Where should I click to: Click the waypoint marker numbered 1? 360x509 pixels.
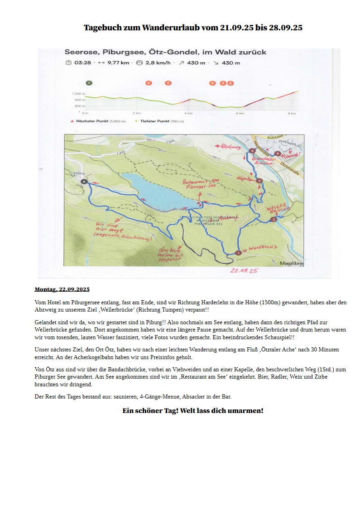[238, 253]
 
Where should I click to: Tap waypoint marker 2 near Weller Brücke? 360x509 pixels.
[273, 220]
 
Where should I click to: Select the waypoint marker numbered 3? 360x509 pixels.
[259, 181]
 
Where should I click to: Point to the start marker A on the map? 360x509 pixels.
[83, 181]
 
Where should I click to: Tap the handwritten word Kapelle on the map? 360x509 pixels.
[244, 179]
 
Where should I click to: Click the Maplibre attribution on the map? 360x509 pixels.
[291, 263]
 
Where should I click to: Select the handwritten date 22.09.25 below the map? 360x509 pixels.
[244, 270]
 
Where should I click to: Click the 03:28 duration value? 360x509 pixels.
[83, 63]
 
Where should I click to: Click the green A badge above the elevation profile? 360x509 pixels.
[89, 83]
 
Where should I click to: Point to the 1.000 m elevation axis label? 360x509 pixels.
[78, 94]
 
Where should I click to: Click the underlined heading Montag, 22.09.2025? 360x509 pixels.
[62, 289]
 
